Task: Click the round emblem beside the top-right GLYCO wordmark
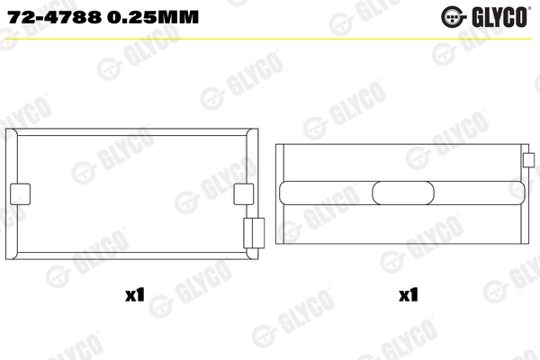pos(454,15)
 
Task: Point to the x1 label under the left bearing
pos(137,293)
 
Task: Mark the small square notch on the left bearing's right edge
pos(243,193)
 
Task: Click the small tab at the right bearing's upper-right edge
pos(528,161)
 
